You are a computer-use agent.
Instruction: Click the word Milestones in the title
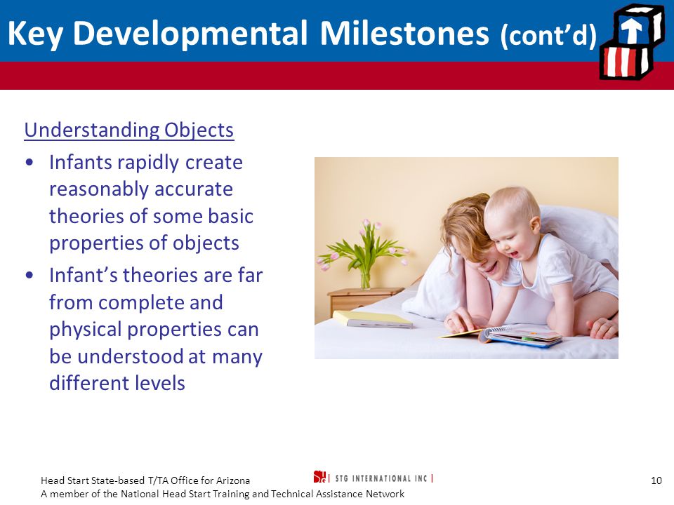tap(404, 33)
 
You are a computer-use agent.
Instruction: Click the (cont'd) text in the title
tap(548, 34)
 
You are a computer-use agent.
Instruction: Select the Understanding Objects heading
tap(129, 130)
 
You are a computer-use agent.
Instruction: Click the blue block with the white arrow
tap(636, 27)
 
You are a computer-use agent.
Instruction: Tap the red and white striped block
tap(625, 62)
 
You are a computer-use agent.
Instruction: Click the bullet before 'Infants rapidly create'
tap(29, 163)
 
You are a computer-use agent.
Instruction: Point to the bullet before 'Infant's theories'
tap(29, 275)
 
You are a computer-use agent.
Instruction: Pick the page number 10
tap(656, 480)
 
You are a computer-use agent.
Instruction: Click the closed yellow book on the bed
tap(372, 320)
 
